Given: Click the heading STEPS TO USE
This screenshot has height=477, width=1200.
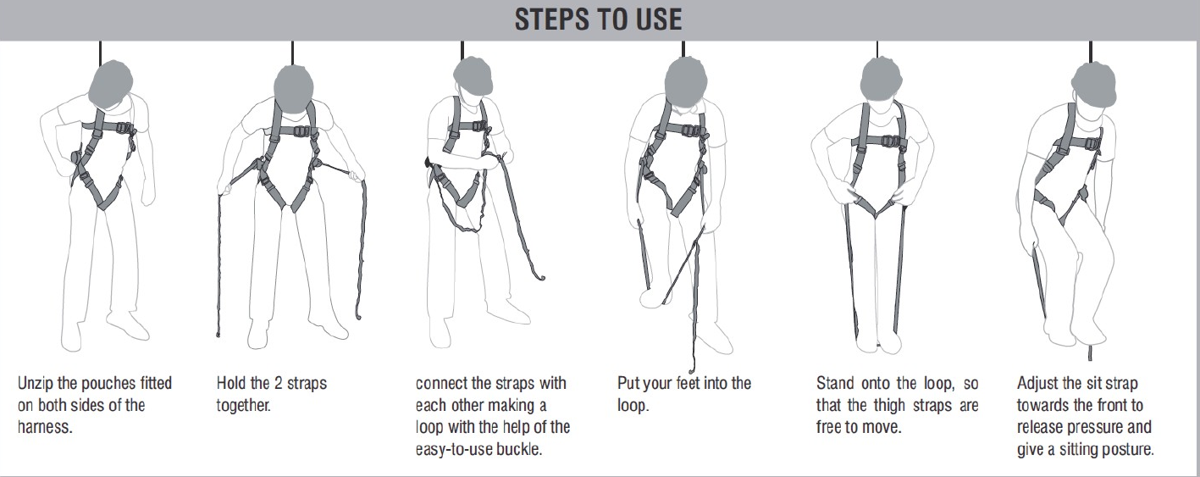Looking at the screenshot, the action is pyautogui.click(x=599, y=19).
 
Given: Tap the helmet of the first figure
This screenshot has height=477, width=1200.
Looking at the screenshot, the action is pyautogui.click(x=110, y=83).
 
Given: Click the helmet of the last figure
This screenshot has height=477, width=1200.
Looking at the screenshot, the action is pyautogui.click(x=1094, y=85).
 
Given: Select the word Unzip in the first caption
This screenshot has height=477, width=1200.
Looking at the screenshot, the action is pyautogui.click(x=36, y=384).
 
